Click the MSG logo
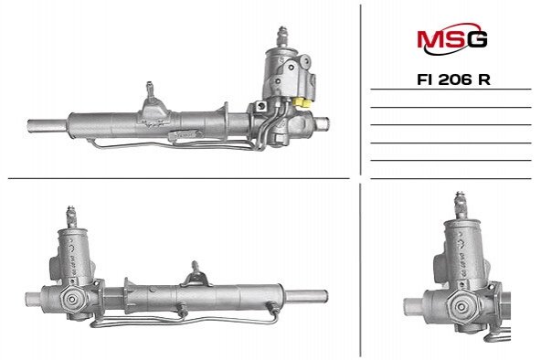[452, 38]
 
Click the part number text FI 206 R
[453, 79]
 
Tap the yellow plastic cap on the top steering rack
[302, 102]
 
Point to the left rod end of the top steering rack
[48, 126]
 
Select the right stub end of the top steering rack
[322, 123]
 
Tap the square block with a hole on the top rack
[261, 106]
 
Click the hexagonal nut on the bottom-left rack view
[72, 299]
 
